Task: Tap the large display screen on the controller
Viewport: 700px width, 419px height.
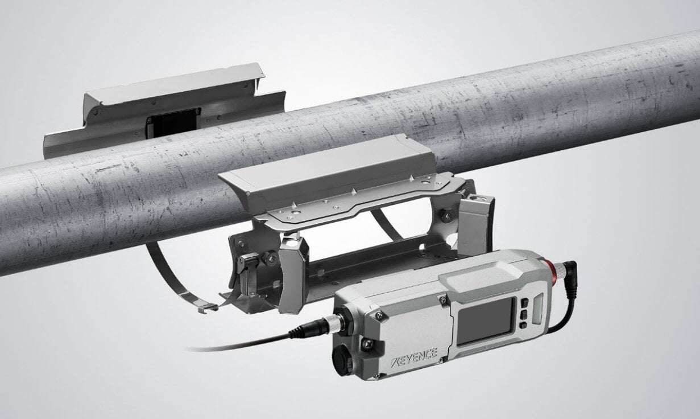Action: click(486, 321)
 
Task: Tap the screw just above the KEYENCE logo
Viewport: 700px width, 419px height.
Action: click(368, 343)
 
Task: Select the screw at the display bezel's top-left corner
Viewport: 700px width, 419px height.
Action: click(442, 299)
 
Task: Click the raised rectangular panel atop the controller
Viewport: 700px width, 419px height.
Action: click(481, 278)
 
